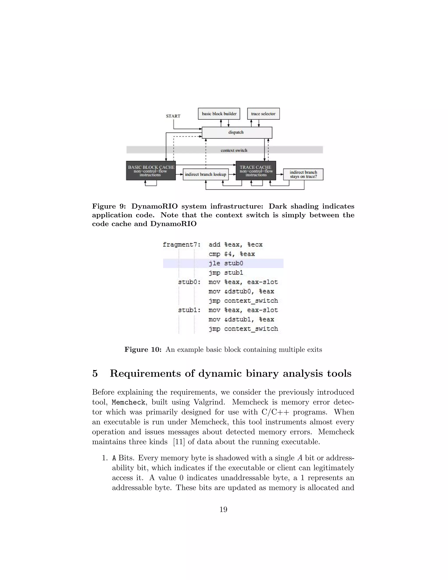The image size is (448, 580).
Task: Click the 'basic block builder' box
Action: (x=219, y=114)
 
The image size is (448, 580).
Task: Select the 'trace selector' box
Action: (x=263, y=114)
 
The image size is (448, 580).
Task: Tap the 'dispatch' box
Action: (x=237, y=132)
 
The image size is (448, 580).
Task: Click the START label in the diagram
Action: (x=173, y=116)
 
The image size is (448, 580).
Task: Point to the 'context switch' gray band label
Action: (x=234, y=150)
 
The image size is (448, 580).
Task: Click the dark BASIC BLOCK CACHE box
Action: (x=151, y=171)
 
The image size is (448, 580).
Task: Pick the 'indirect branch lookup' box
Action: (x=206, y=174)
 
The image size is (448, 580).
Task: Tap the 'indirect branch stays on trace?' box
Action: (x=303, y=174)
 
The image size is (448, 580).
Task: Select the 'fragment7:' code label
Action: (x=182, y=245)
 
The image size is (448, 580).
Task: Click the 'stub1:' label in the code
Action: (x=189, y=310)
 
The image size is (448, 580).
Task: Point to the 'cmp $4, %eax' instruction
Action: (x=232, y=254)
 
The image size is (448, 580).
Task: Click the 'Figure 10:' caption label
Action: (x=143, y=350)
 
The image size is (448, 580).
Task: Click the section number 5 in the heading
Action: (x=95, y=374)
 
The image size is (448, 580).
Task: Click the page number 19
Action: (x=224, y=509)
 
